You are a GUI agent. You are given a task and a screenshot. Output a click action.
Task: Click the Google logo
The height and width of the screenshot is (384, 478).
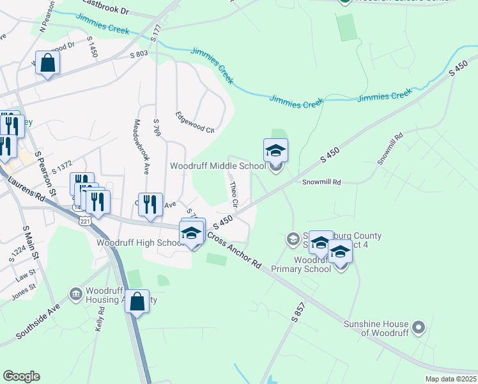tap(22, 376)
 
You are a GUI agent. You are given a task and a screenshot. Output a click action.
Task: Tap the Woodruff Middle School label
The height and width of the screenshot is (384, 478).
tap(217, 166)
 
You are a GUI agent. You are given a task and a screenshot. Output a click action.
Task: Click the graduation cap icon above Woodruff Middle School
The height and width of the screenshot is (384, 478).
tap(276, 150)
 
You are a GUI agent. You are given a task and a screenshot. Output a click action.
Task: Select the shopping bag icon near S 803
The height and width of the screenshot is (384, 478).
tap(47, 63)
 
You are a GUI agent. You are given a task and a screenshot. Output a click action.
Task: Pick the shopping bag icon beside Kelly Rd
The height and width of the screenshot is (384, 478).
tap(137, 301)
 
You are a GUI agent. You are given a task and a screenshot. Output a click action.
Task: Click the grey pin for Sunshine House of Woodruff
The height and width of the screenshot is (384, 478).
tap(419, 328)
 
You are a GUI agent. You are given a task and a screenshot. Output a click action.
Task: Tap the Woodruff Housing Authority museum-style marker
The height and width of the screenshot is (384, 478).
tap(75, 294)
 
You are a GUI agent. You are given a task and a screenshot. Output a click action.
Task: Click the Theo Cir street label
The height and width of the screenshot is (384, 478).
tap(234, 194)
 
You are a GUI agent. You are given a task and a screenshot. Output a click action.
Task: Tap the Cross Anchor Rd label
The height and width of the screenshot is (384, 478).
tap(234, 252)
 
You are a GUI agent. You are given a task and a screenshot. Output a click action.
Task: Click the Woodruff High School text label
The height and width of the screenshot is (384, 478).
tap(140, 243)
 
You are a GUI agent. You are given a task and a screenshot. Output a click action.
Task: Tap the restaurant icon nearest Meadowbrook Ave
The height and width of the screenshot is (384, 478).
tap(150, 205)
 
